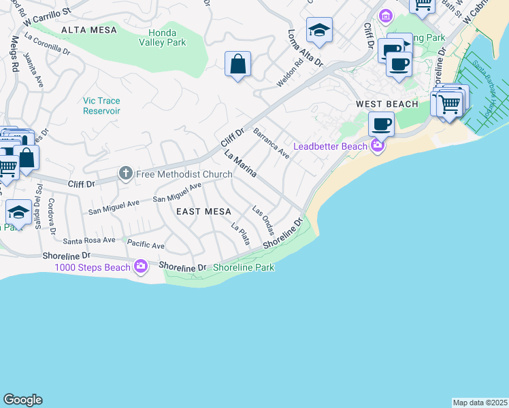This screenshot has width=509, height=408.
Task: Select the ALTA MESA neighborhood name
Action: (x=88, y=30)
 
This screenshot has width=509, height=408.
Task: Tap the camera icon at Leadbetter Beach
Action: (x=376, y=145)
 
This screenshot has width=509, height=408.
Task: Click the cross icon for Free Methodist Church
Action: (x=125, y=173)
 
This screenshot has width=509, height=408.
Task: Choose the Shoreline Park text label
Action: (x=244, y=267)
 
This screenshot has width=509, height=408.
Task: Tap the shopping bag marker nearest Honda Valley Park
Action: (x=237, y=65)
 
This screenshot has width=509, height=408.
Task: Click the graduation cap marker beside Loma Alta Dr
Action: (x=318, y=31)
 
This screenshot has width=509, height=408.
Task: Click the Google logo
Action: (x=22, y=400)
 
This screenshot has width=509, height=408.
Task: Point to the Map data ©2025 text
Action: (x=479, y=403)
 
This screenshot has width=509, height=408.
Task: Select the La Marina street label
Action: (x=240, y=164)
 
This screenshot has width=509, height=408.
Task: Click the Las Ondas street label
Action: (x=263, y=220)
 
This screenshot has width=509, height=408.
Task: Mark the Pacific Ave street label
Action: (x=146, y=245)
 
